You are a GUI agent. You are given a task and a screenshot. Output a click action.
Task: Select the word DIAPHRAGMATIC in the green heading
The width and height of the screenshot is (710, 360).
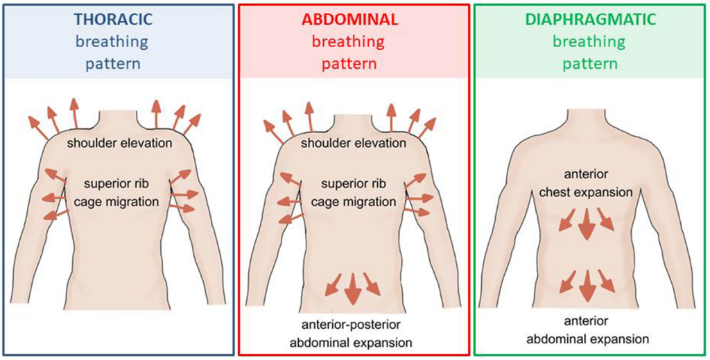tap(589, 20)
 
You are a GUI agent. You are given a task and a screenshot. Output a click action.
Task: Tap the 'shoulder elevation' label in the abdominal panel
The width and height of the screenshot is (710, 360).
tap(354, 143)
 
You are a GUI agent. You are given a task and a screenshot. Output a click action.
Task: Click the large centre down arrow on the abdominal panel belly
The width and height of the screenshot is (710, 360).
tap(352, 289)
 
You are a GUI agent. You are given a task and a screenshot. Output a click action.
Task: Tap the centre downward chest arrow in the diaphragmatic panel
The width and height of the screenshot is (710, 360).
tap(587, 223)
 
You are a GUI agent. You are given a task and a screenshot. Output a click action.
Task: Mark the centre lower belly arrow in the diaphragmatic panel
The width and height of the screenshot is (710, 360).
tap(587, 284)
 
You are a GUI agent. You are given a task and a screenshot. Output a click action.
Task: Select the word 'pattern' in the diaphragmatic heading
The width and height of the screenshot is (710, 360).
tap(589, 64)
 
